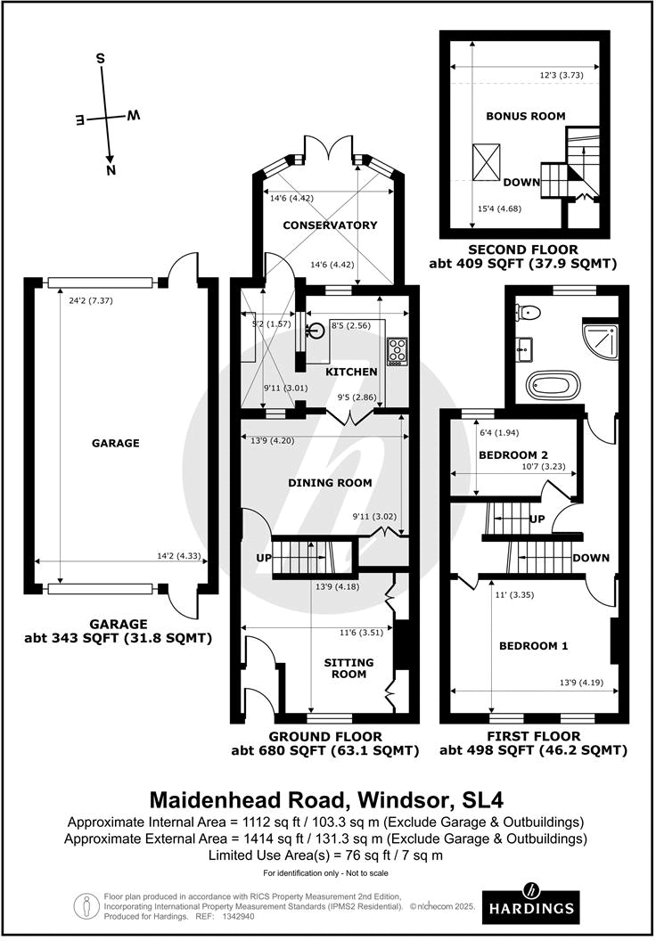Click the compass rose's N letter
pyautogui.click(x=111, y=169)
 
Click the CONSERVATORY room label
pyautogui.click(x=330, y=225)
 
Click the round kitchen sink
pyautogui.click(x=314, y=331)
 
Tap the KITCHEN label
pyautogui.click(x=350, y=372)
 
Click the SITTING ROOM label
pyautogui.click(x=348, y=668)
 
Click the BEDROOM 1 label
pyautogui.click(x=533, y=646)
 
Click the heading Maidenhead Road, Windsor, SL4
pyautogui.click(x=327, y=796)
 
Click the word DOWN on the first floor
pyautogui.click(x=591, y=558)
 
